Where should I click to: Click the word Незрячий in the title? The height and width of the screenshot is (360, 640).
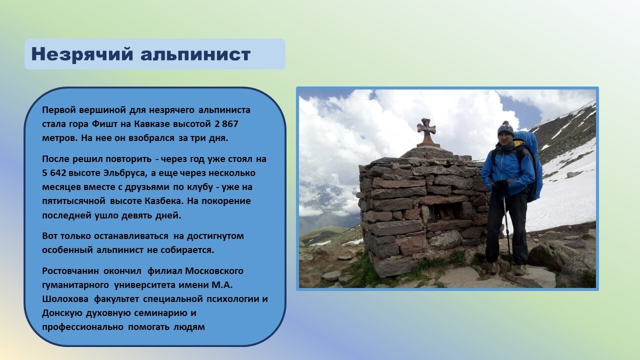click(x=82, y=54)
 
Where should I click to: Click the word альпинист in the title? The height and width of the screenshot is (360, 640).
click(x=195, y=54)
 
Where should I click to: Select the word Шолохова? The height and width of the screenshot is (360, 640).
click(x=65, y=299)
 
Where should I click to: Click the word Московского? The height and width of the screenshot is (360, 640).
click(x=214, y=271)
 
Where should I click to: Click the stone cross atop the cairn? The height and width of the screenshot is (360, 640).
click(x=426, y=132)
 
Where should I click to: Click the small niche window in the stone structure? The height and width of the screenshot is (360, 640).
click(x=445, y=211)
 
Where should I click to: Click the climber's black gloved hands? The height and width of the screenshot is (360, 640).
click(x=499, y=187)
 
